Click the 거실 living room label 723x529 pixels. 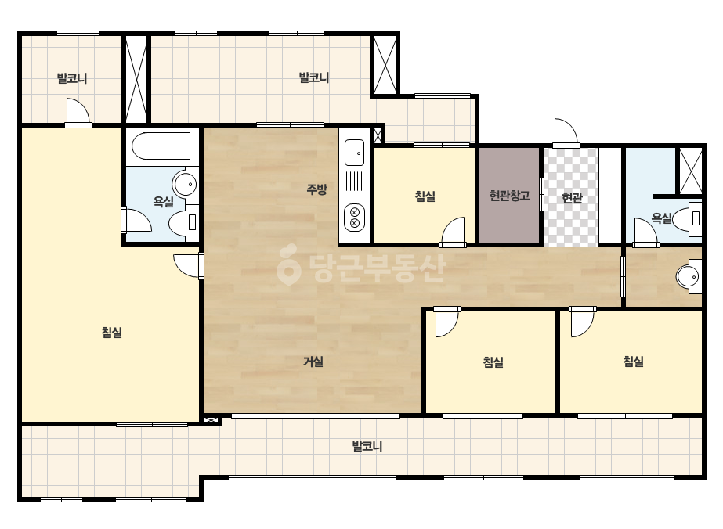pos(313,362)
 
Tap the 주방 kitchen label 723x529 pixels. pos(317,189)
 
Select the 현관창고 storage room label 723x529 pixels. pos(509,196)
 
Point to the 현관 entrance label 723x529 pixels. pos(572,198)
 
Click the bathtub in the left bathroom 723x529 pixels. pos(161,146)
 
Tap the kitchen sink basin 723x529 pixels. pos(354,153)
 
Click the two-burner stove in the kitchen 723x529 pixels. pos(354,218)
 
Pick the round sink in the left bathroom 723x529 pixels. pos(186,185)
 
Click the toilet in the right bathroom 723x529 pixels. pos(688,219)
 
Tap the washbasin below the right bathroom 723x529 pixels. pos(689,276)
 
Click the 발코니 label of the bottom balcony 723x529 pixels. pos(367,446)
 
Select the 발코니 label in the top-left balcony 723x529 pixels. pos(72,78)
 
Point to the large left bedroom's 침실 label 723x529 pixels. pos(111,333)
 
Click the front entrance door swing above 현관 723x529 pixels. pos(566,133)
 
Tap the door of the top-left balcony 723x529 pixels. pos(78,113)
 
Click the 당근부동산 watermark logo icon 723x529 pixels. pos(288,265)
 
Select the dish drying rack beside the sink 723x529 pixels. pos(354,182)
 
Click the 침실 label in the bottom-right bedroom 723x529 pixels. pos(633,362)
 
